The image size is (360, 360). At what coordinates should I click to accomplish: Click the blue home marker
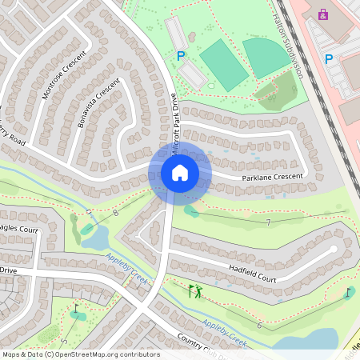point(180,173)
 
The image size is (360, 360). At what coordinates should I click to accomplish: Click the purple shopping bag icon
point(323,14)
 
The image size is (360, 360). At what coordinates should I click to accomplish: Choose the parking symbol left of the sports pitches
point(181,56)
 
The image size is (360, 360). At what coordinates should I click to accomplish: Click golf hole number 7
point(269,222)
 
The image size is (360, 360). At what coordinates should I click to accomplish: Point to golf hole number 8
point(116,212)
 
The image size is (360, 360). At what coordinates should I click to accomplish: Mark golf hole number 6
point(259,325)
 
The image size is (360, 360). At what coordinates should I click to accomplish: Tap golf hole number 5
point(65,341)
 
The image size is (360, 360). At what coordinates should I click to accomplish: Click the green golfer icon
point(194,291)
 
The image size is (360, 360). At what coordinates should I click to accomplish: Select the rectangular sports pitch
point(223,65)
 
